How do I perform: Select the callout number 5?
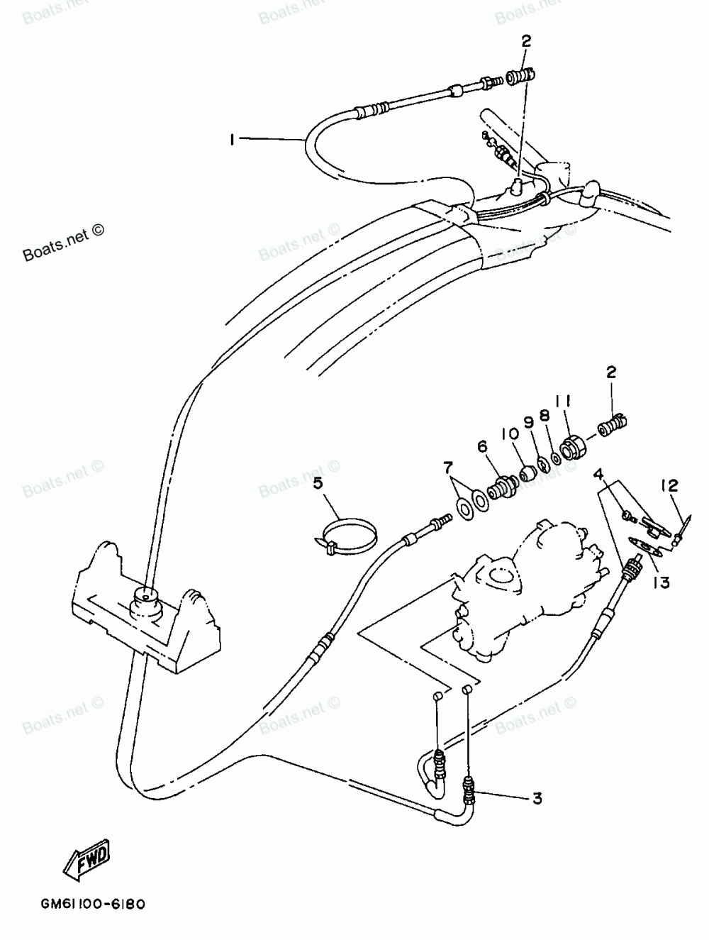[x=318, y=483]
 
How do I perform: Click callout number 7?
[x=447, y=468]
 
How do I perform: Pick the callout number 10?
[x=508, y=432]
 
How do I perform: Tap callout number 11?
[x=564, y=402]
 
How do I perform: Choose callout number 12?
[x=669, y=486]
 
